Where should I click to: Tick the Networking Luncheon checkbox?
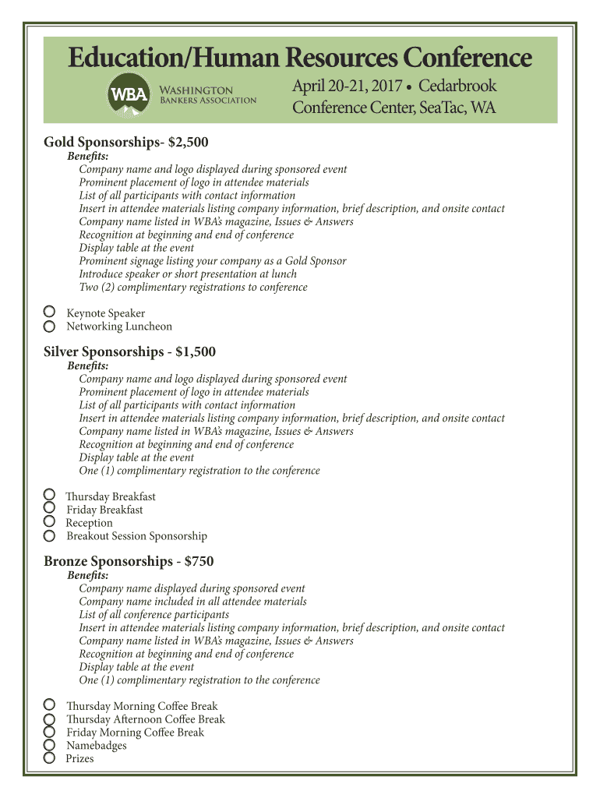[x=49, y=326]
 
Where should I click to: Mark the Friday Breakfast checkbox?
[x=49, y=508]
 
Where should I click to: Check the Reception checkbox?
[x=49, y=521]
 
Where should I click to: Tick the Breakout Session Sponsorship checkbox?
[x=49, y=535]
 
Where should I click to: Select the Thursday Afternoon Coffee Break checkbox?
[x=49, y=719]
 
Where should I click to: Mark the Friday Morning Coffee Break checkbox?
[x=49, y=732]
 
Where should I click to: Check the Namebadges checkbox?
[x=49, y=745]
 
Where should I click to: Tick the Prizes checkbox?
[x=49, y=757]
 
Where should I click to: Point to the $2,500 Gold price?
[x=188, y=143]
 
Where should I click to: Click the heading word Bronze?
[x=65, y=562]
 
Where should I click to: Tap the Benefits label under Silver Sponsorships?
[x=88, y=365]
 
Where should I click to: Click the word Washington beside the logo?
[x=196, y=90]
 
